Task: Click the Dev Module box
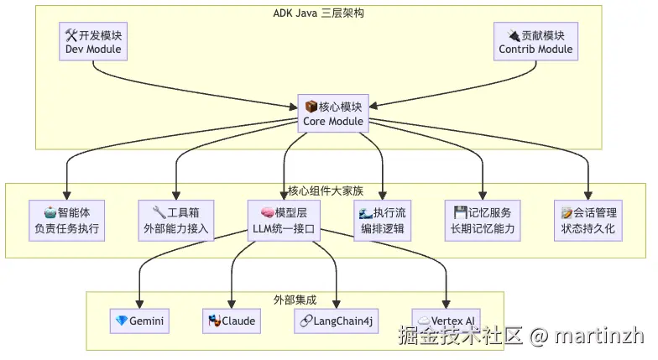pyautogui.click(x=93, y=42)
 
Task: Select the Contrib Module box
pyautogui.click(x=535, y=42)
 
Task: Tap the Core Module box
pyautogui.click(x=333, y=114)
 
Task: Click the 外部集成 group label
pyautogui.click(x=295, y=300)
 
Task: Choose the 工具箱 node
pyautogui.click(x=175, y=221)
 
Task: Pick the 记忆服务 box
pyautogui.click(x=482, y=221)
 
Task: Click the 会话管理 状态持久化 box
pyautogui.click(x=587, y=221)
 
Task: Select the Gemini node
pyautogui.click(x=140, y=321)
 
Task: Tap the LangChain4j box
pyautogui.click(x=337, y=321)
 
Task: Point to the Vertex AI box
pyautogui.click(x=446, y=321)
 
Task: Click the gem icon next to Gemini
pyautogui.click(x=122, y=321)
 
